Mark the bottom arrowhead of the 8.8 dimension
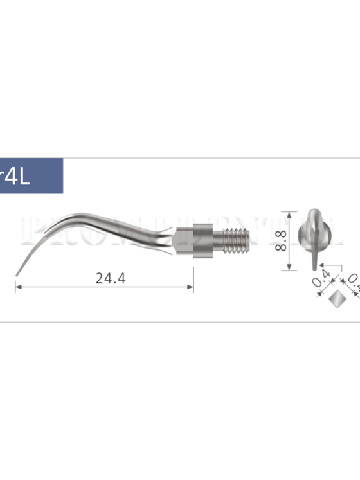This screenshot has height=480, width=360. (291, 267)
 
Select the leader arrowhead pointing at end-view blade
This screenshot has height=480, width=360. (318, 264)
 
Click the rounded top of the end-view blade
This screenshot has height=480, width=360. (312, 211)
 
